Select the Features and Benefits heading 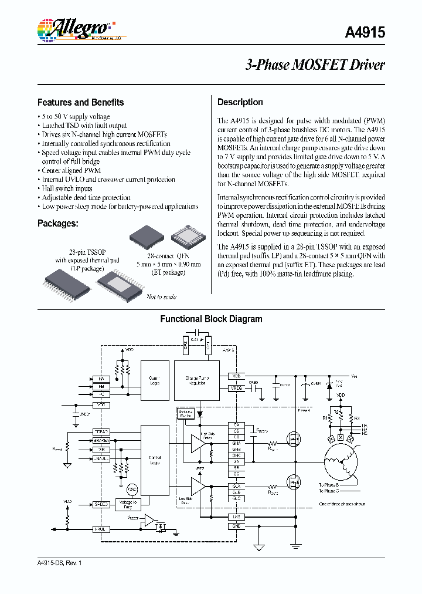[80, 102]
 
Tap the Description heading [240, 102]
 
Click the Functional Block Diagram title [211, 319]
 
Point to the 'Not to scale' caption [161, 296]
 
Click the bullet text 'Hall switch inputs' [67, 188]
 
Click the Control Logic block [155, 460]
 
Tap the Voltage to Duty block [128, 504]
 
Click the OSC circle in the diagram [132, 490]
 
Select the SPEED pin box [100, 504]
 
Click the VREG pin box [236, 388]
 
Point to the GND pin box [236, 526]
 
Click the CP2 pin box [186, 344]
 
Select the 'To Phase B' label [329, 485]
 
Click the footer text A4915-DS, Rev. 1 [59, 563]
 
